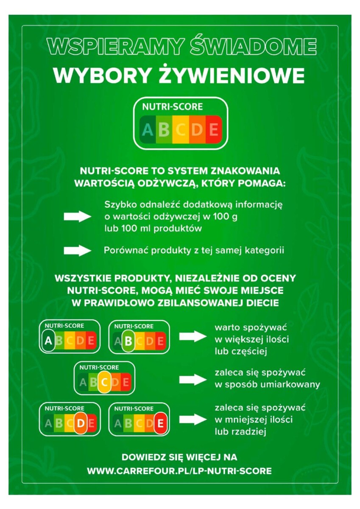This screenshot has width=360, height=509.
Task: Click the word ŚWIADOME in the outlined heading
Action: (x=253, y=47)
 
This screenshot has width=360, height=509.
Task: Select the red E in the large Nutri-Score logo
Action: (x=214, y=130)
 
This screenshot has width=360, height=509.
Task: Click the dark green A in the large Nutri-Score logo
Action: (x=148, y=130)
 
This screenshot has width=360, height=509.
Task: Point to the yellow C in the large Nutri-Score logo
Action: (x=181, y=130)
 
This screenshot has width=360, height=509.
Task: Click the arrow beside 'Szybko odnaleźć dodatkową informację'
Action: (x=78, y=217)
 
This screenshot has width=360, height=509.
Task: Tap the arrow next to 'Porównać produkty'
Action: (x=78, y=251)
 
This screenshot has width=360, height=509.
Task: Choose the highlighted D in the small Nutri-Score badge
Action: (x=81, y=423)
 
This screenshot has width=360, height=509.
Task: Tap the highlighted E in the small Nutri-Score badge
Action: (x=160, y=424)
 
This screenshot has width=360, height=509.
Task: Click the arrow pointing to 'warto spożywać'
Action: (x=193, y=337)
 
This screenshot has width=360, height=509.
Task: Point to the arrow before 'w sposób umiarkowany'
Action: (x=193, y=380)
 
